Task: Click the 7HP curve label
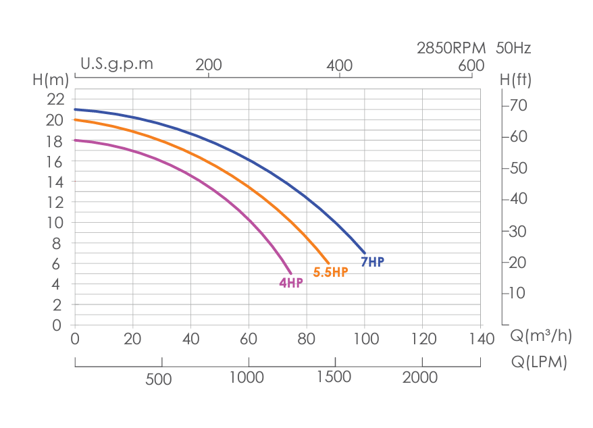(x=372, y=262)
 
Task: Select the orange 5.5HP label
(x=330, y=272)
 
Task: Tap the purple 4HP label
(x=291, y=283)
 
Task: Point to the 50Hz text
(x=513, y=48)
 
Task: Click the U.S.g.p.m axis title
(x=117, y=64)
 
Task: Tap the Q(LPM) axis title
(x=539, y=362)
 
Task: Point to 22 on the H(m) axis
(x=55, y=99)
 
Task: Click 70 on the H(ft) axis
(x=519, y=105)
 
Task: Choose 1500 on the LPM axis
(x=333, y=377)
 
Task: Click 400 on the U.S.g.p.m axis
(x=339, y=65)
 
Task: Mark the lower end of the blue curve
(x=365, y=253)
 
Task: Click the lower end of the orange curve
(x=329, y=263)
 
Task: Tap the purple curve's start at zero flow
(x=76, y=140)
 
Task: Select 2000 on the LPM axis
(x=420, y=377)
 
